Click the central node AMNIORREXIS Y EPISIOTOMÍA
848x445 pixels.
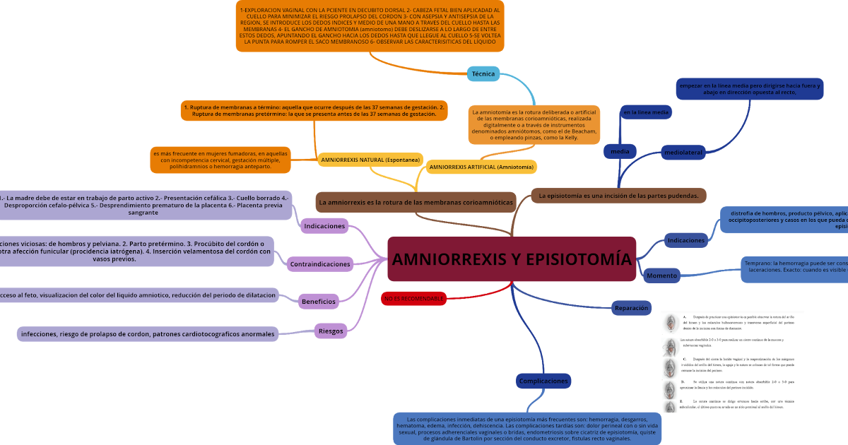click(512, 259)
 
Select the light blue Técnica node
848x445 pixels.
click(483, 74)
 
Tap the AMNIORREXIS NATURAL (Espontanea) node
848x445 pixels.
click(370, 160)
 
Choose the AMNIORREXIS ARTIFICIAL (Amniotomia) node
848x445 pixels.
click(481, 167)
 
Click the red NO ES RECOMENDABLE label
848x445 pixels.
click(414, 299)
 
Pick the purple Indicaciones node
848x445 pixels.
click(324, 227)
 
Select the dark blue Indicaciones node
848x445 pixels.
click(686, 240)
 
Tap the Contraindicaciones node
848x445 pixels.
click(320, 264)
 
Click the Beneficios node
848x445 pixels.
click(319, 302)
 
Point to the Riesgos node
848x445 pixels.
click(331, 331)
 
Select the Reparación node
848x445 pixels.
click(632, 308)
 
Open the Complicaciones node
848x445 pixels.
click(543, 381)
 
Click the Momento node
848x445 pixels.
click(662, 275)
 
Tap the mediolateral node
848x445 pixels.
click(683, 152)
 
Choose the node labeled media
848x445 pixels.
click(620, 151)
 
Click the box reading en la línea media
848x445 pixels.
click(645, 112)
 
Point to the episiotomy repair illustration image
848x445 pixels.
click(732, 362)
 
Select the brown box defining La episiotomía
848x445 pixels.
click(618, 196)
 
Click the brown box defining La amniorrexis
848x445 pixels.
click(416, 202)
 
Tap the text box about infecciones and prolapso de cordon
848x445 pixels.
click(148, 334)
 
